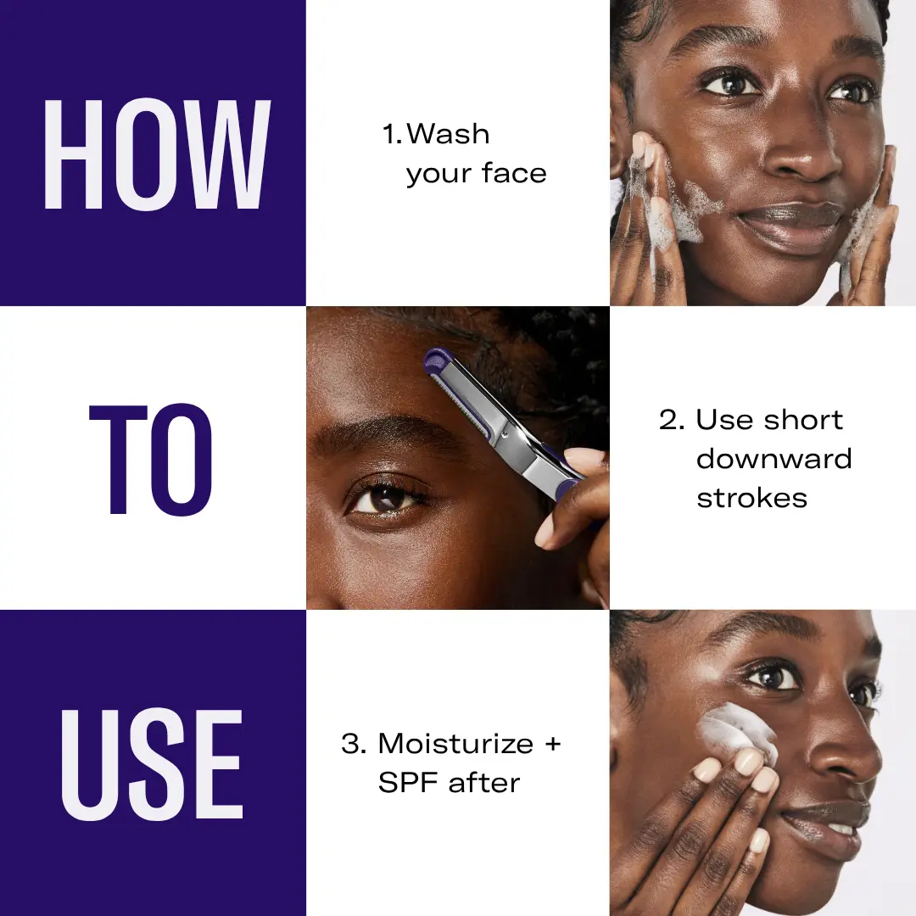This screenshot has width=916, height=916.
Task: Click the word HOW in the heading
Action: [x=157, y=155]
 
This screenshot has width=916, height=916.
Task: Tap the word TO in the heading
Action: [x=150, y=459]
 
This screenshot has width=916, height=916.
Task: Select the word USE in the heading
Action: [x=152, y=765]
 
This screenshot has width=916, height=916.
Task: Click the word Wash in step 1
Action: [x=448, y=134]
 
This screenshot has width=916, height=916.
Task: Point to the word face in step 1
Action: [x=514, y=173]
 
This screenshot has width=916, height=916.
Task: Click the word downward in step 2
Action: [x=774, y=459]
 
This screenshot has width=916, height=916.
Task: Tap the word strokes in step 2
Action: [x=751, y=499]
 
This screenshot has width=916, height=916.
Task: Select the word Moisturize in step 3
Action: [x=455, y=744]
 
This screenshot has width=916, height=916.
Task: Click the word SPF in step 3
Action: [x=409, y=783]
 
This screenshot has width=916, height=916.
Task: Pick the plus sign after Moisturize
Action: [x=552, y=745]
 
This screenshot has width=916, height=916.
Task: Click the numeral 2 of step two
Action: [x=667, y=420]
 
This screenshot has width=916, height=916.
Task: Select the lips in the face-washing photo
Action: [x=791, y=226]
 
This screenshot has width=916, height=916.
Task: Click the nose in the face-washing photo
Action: [x=803, y=153]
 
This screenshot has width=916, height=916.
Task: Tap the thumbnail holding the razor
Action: [x=545, y=534]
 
